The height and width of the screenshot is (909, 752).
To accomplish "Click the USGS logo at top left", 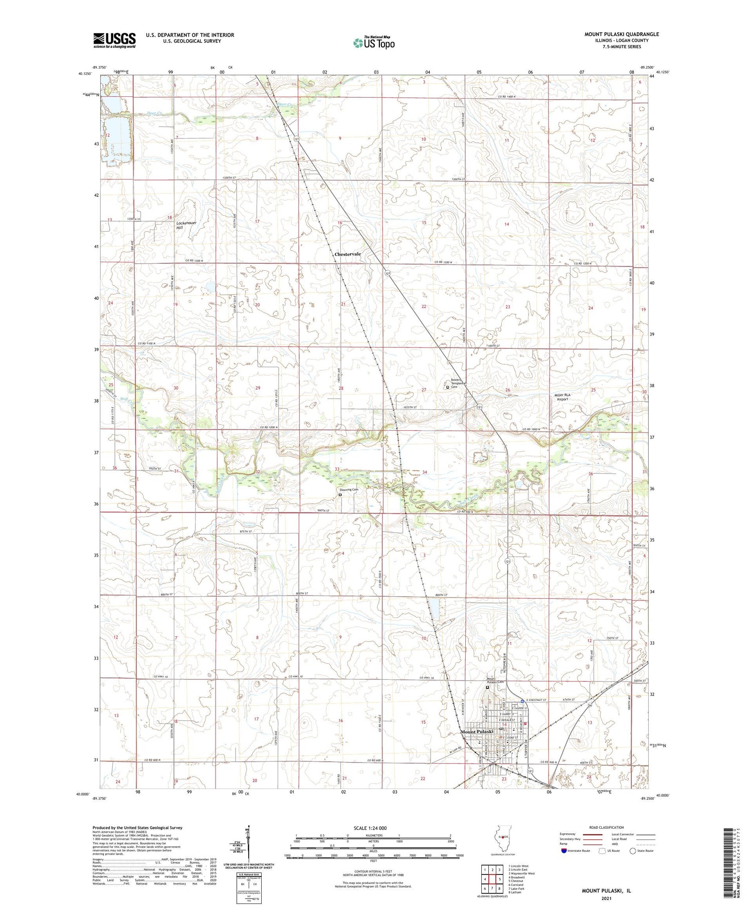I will pyautogui.click(x=114, y=40).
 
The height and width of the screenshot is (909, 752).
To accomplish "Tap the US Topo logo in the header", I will pyautogui.click(x=374, y=43).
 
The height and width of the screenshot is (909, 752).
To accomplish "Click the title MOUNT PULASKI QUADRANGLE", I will pyautogui.click(x=621, y=35).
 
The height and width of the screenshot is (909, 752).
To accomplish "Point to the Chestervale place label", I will pyautogui.click(x=347, y=254).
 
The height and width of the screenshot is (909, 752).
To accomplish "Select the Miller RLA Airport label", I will pyautogui.click(x=562, y=397).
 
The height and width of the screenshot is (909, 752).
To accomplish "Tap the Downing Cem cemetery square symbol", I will pyautogui.click(x=340, y=494).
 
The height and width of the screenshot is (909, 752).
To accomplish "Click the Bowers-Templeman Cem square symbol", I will pyautogui.click(x=448, y=387).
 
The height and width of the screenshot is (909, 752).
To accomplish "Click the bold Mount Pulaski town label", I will pyautogui.click(x=477, y=732).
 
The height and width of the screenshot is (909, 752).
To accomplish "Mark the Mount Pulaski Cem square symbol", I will pyautogui.click(x=487, y=687).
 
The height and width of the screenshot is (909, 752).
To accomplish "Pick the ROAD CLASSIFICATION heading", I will pyautogui.click(x=607, y=827).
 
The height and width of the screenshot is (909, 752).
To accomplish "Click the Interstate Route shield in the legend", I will pyautogui.click(x=564, y=851).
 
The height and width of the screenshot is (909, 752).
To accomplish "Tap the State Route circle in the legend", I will pyautogui.click(x=633, y=851).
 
